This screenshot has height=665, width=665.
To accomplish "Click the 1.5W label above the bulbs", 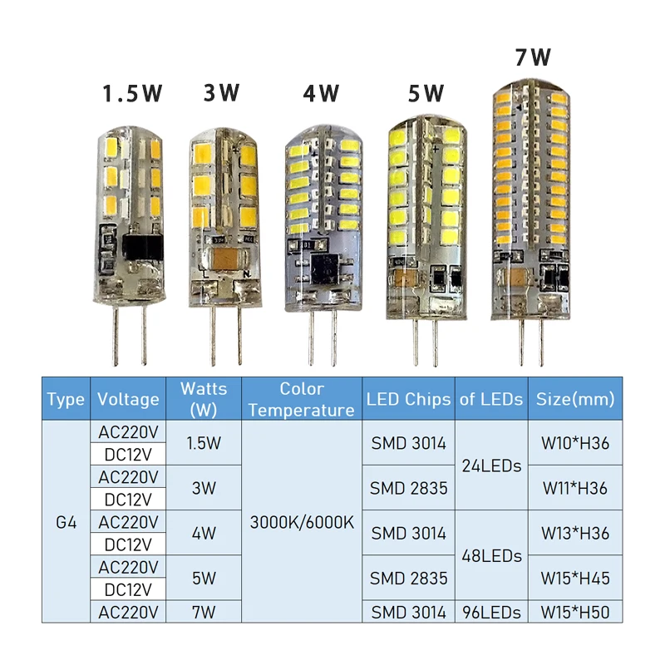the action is (x=133, y=93).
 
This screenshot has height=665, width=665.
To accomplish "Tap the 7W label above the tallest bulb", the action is (x=533, y=57).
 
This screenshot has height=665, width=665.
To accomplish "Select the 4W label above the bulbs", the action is (x=321, y=93).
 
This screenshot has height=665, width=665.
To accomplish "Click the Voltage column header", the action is (x=128, y=399).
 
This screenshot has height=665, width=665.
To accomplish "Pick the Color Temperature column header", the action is (x=301, y=399).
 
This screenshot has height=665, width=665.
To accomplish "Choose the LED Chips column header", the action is (x=408, y=399).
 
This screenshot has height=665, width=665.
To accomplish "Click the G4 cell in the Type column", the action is (x=66, y=523).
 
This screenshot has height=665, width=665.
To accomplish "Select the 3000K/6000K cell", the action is (x=302, y=523).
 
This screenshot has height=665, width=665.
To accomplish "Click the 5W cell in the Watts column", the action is (x=203, y=578).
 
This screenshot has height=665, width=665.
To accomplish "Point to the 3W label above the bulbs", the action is (x=222, y=93).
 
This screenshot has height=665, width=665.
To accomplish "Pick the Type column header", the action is (x=66, y=399).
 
